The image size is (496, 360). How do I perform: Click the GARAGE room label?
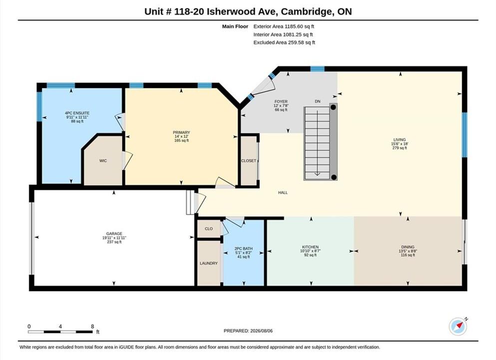pos(114,233)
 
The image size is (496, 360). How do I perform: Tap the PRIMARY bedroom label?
pos(181,132)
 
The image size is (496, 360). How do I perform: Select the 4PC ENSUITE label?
pos(77,113)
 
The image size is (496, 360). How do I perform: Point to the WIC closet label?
pos(103,161)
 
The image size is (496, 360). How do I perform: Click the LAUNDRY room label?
pos(209,263)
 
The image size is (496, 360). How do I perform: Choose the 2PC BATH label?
pos(244,248)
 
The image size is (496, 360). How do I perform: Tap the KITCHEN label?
pos(310,247)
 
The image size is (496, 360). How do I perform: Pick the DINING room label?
pos(408,247)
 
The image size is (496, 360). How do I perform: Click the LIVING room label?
pos(400,139)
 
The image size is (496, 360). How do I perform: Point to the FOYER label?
pos(281,101)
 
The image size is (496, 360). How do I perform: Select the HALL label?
pos(283,192)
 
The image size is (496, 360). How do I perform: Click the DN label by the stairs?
pos(318,101)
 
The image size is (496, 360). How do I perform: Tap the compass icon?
pos(458,326)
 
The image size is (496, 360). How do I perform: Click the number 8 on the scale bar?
pos(92,326)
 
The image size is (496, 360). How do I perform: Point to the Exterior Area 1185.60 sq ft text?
pos(283,26)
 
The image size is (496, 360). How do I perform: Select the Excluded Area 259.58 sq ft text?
pos(284,42)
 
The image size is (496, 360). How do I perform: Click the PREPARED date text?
pos(248,331)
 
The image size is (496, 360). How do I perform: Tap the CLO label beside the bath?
pos(209,228)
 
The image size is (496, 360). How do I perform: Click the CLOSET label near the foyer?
pos(249,161)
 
